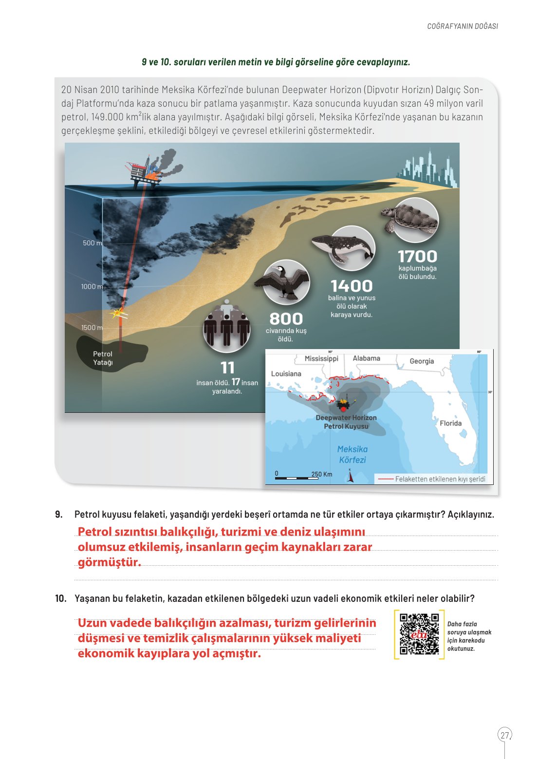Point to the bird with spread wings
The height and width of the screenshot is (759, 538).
[x=286, y=281]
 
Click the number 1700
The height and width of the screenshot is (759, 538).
[x=417, y=257]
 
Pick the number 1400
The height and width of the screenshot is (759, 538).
[x=352, y=286]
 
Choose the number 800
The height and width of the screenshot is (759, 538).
[x=286, y=319]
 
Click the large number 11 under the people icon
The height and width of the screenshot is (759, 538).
[x=227, y=368]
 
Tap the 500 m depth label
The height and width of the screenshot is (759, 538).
[x=93, y=243]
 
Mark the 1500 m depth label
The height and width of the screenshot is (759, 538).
[x=92, y=328]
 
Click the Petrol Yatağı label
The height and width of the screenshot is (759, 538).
[x=103, y=358]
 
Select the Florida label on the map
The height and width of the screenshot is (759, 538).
[x=450, y=423]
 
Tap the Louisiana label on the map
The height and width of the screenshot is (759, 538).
[x=286, y=374]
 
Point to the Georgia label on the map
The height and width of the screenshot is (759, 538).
[x=421, y=361]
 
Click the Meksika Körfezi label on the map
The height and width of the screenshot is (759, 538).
[x=352, y=454]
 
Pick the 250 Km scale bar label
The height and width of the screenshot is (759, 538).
[x=321, y=474]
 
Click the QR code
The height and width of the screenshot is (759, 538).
[x=419, y=634]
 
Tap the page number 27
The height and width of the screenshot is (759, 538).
[x=505, y=735]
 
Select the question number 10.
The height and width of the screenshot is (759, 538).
[x=60, y=598]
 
